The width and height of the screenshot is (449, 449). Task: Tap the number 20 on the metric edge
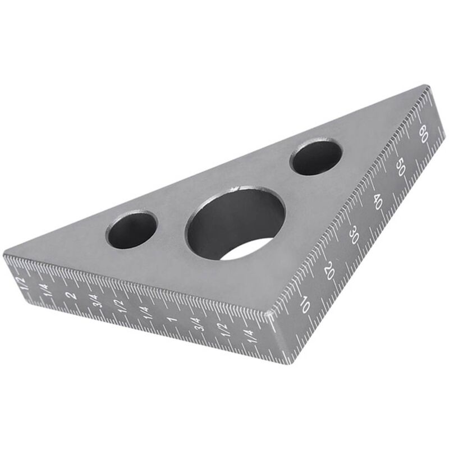[x=330, y=271]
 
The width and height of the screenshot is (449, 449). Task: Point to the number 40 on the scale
[x=377, y=203]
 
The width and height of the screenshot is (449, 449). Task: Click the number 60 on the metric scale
[x=423, y=134]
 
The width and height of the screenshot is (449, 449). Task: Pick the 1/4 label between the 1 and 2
[x=144, y=311]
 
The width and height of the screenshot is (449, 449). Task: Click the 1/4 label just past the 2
[x=46, y=290]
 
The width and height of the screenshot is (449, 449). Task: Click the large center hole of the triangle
[x=236, y=224]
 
